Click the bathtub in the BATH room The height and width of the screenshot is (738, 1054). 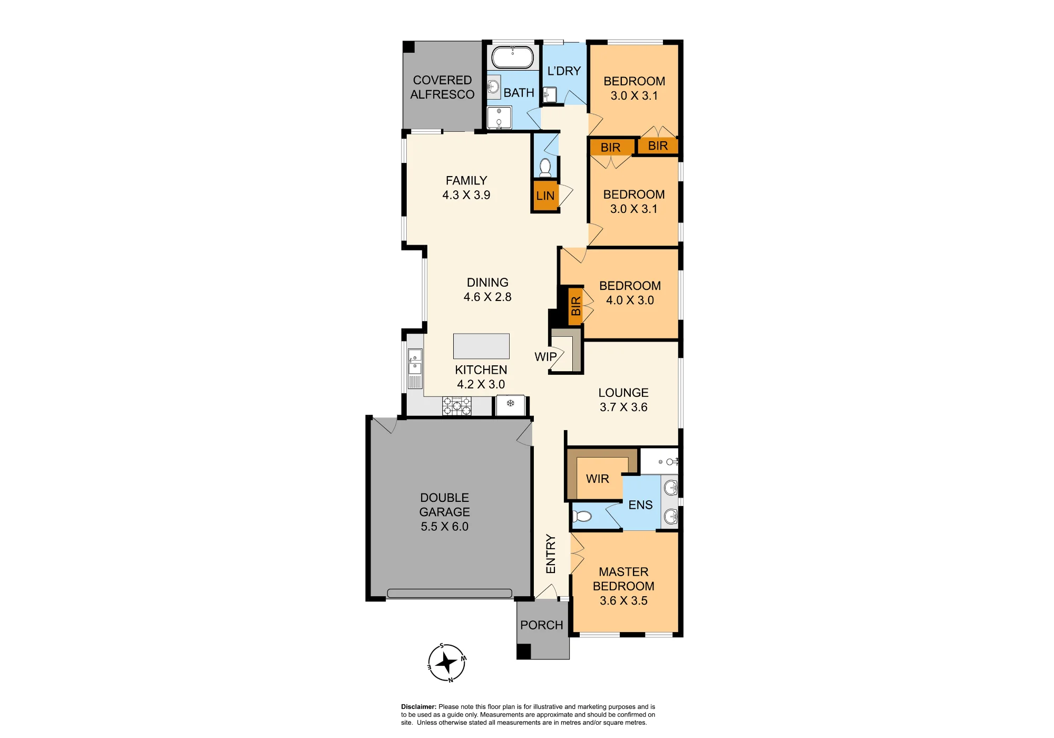click(513, 57)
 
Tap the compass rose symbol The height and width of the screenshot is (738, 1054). click(447, 663)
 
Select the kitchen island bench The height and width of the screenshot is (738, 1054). click(481, 346)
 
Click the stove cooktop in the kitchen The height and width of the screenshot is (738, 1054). click(457, 406)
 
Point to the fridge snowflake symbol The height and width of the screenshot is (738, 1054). click(510, 403)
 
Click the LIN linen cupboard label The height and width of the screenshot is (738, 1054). click(545, 196)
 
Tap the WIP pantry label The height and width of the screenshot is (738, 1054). click(545, 357)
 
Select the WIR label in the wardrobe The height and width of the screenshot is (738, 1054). click(598, 479)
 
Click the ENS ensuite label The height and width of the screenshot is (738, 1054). click(641, 505)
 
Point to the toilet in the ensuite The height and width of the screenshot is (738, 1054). click(582, 516)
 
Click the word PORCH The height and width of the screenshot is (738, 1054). click(542, 625)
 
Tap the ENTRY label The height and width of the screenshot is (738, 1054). click(551, 554)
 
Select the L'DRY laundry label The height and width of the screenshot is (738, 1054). click(564, 71)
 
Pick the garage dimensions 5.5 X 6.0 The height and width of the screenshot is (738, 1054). click(445, 527)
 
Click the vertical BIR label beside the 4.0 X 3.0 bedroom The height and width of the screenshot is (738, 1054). click(575, 306)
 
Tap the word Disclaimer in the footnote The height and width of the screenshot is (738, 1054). click(418, 707)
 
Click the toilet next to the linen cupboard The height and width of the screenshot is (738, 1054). click(545, 168)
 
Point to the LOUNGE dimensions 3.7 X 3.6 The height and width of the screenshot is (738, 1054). click(623, 407)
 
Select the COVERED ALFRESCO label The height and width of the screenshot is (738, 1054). click(442, 87)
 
